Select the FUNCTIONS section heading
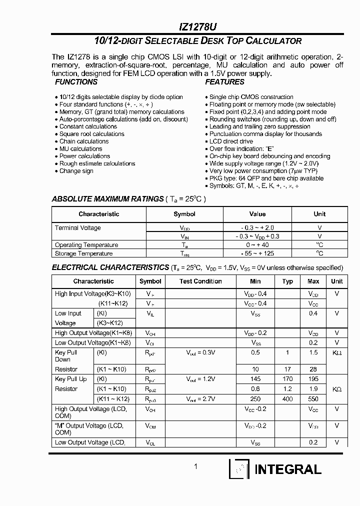point(76,82)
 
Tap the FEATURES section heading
point(224,82)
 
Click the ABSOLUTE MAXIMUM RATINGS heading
point(108,199)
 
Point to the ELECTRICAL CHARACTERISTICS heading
point(110,267)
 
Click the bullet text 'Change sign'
point(76,171)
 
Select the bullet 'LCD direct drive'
point(231,141)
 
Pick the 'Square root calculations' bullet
point(92,134)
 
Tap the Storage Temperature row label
point(83,253)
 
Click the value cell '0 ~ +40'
point(257,245)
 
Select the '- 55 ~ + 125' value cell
point(257,253)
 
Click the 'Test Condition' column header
point(200,281)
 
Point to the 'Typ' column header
point(287,281)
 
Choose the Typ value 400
point(287,398)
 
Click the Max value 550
point(313,398)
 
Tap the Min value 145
point(255,379)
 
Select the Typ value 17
point(287,369)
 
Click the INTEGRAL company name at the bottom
point(288,469)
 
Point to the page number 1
point(196,466)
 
